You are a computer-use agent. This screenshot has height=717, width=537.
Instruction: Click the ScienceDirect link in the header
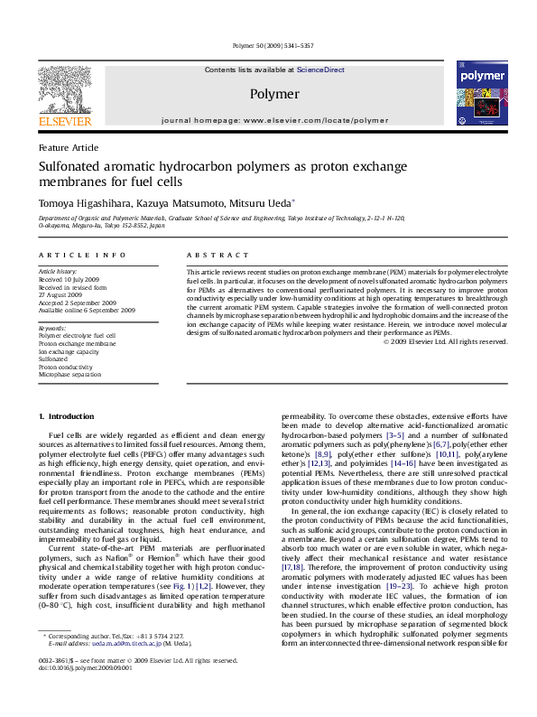(x=321, y=70)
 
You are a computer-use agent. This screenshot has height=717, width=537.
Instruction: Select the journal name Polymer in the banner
(x=273, y=94)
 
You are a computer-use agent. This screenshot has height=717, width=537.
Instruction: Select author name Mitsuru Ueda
(x=264, y=204)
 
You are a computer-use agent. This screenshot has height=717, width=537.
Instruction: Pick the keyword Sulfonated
(x=55, y=358)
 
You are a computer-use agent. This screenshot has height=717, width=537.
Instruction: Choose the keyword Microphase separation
(x=69, y=374)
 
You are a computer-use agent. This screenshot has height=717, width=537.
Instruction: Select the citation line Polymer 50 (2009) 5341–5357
(x=268, y=45)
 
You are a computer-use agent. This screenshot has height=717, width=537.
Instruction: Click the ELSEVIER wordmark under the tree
(x=64, y=122)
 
